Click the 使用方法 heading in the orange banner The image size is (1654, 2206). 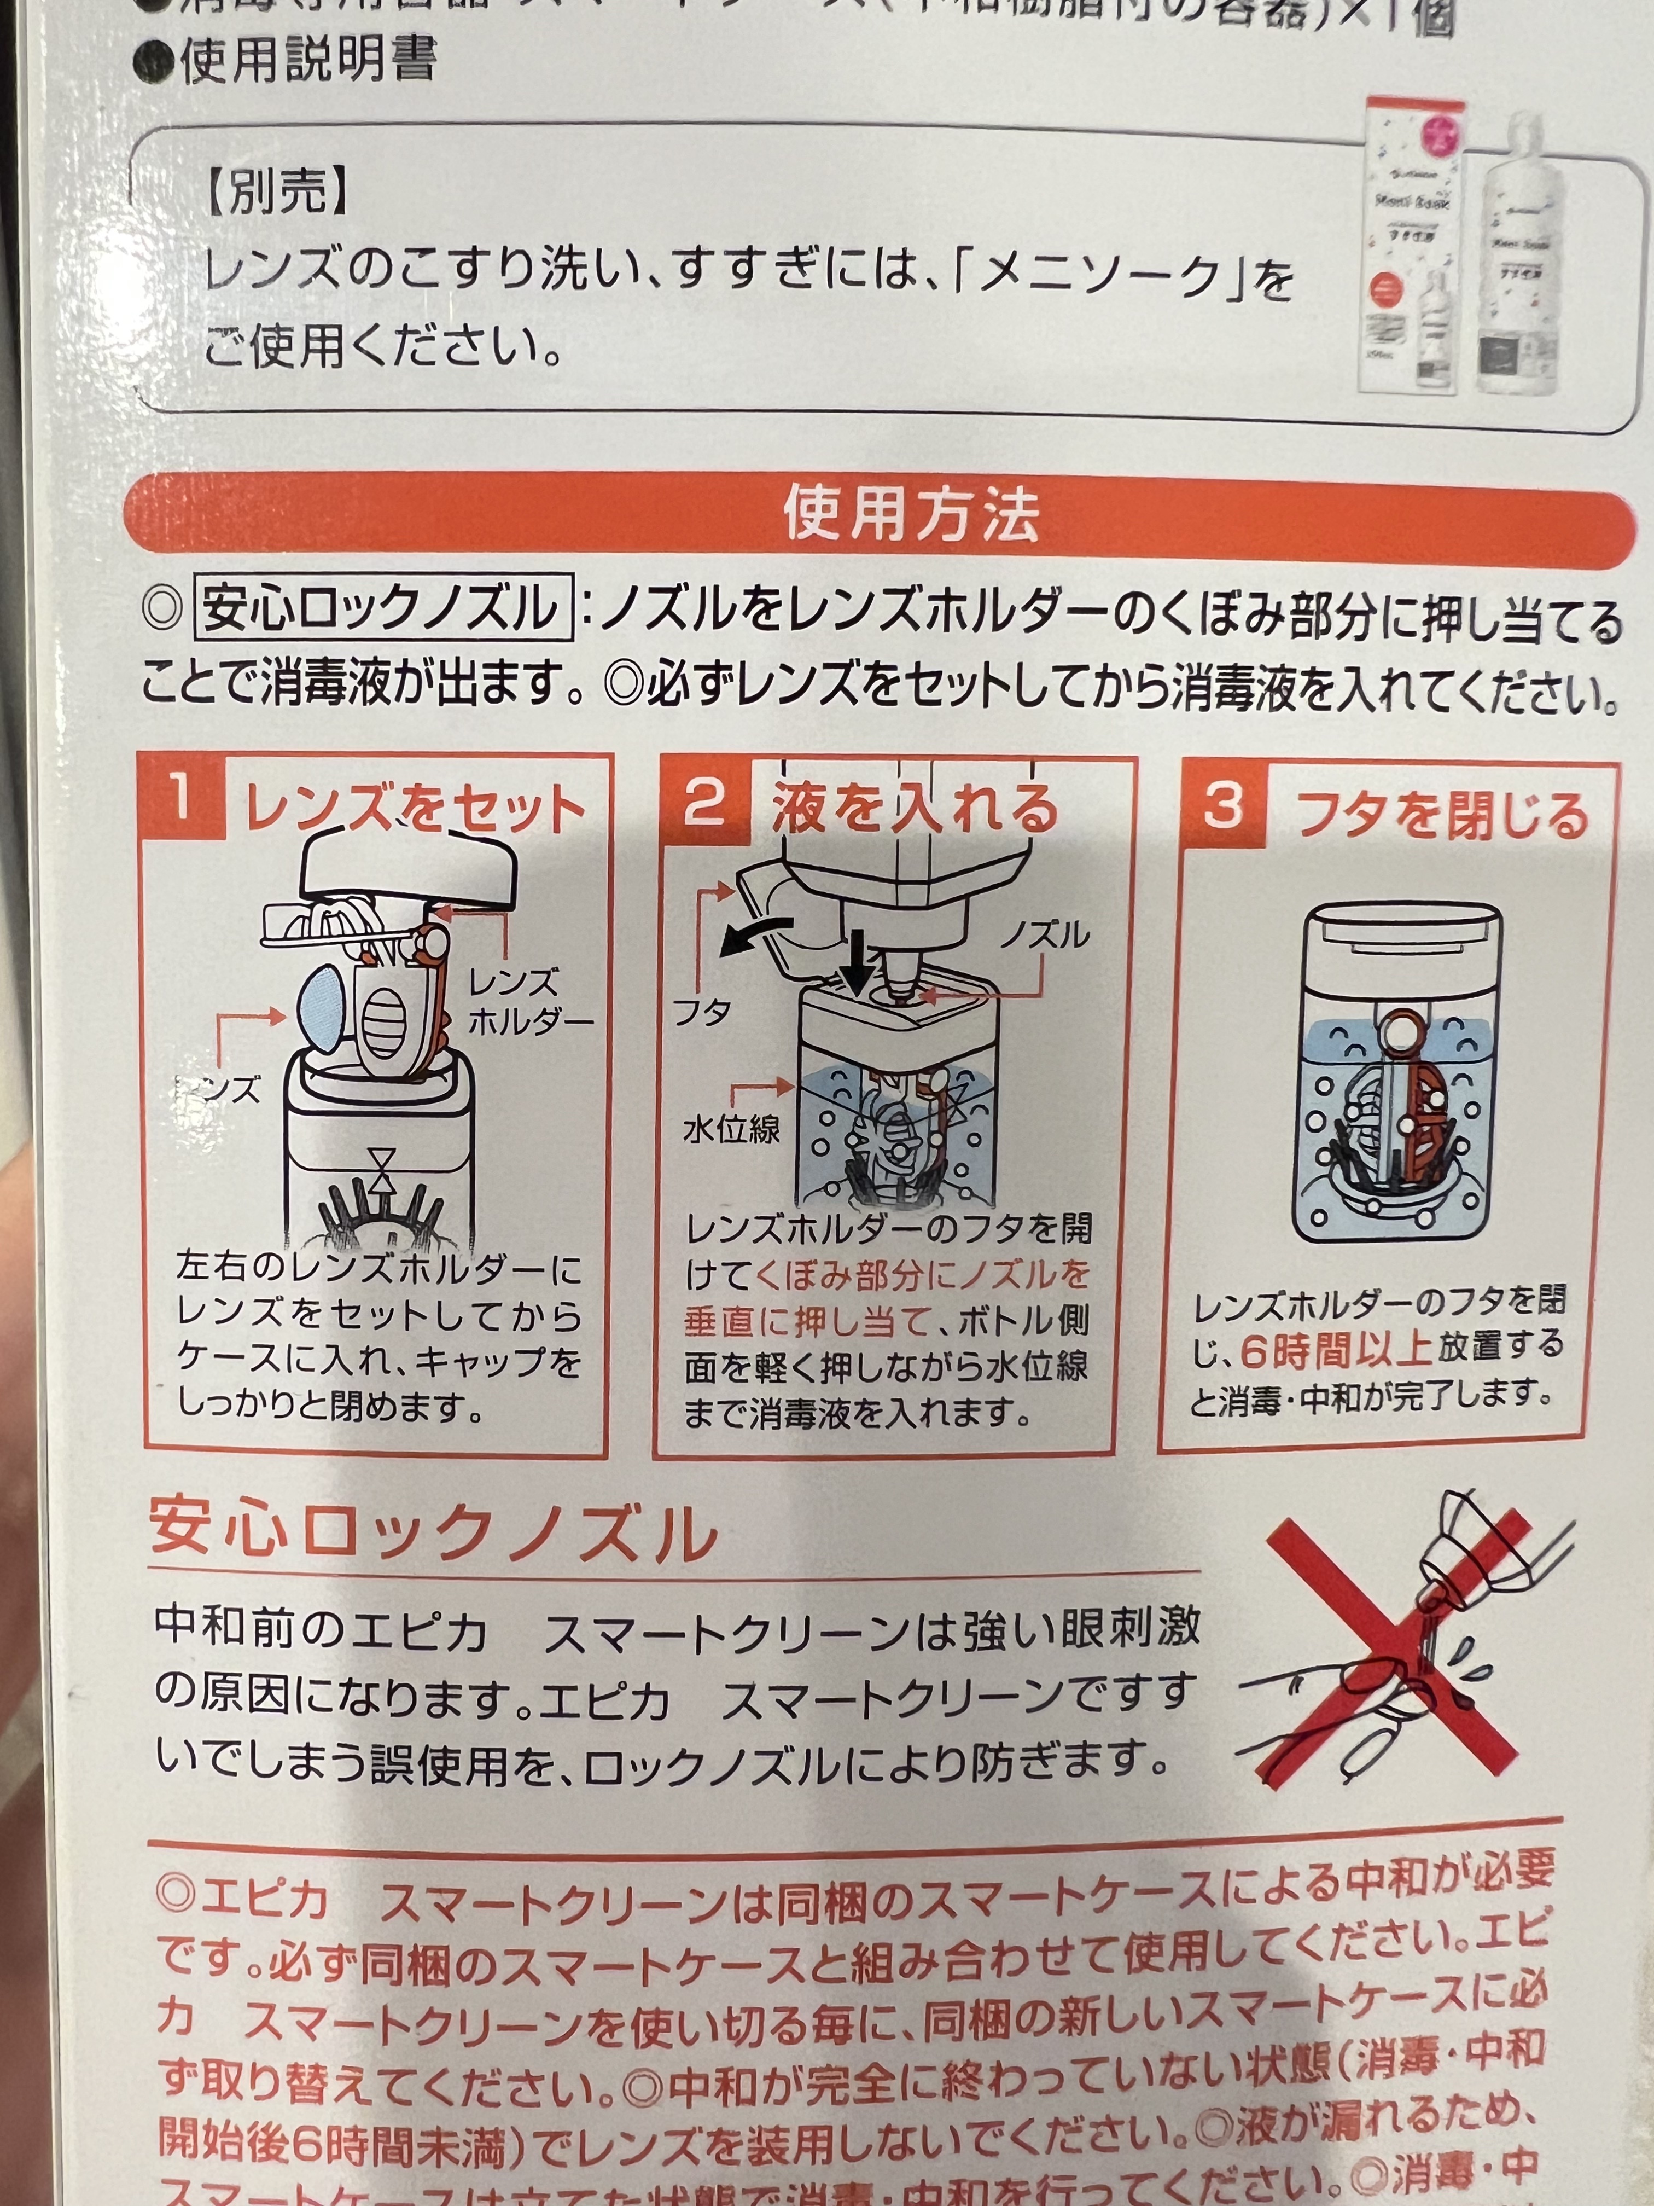coord(909,515)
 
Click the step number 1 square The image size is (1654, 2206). coord(182,800)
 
